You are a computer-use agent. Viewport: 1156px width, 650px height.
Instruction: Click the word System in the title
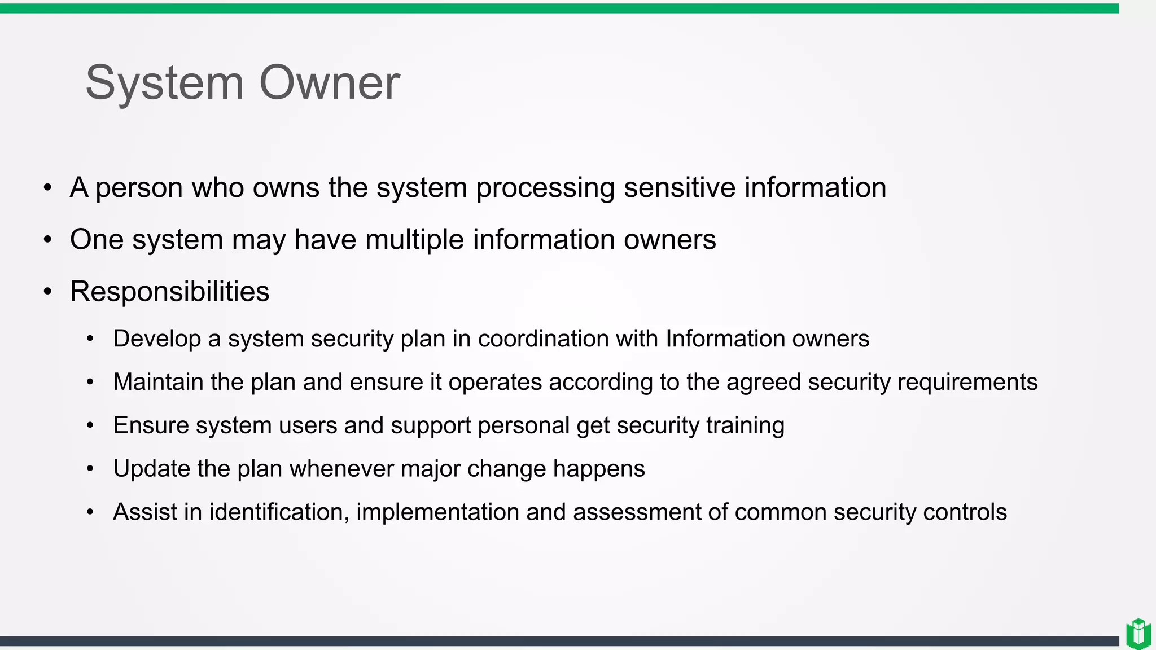coord(164,84)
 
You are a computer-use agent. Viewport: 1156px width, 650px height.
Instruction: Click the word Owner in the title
coord(329,84)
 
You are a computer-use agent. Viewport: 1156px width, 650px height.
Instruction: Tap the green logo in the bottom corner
coord(1138,634)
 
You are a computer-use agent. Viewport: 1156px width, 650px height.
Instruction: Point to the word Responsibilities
coord(169,292)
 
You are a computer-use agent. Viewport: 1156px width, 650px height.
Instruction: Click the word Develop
coord(157,339)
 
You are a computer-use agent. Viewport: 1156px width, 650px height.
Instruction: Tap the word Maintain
coord(158,382)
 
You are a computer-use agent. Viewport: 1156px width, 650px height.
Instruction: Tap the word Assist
coord(144,512)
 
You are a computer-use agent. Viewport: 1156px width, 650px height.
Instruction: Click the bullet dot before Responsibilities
coord(48,292)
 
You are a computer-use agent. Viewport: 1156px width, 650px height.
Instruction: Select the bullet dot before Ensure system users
coord(90,425)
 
